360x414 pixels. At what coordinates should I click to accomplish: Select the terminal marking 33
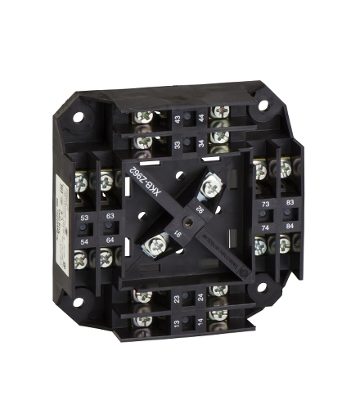pos(176,146)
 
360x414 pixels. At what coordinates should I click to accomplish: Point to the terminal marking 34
pos(200,145)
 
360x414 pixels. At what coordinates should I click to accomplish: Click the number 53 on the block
pos(86,218)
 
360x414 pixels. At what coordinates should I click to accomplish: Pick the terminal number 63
pos(110,218)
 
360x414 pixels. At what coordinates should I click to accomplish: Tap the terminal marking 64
pos(110,240)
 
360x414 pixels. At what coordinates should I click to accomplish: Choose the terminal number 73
pos(265,204)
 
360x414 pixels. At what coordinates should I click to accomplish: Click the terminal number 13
pos(178,325)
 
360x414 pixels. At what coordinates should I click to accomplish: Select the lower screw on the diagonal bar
pos(155,243)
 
